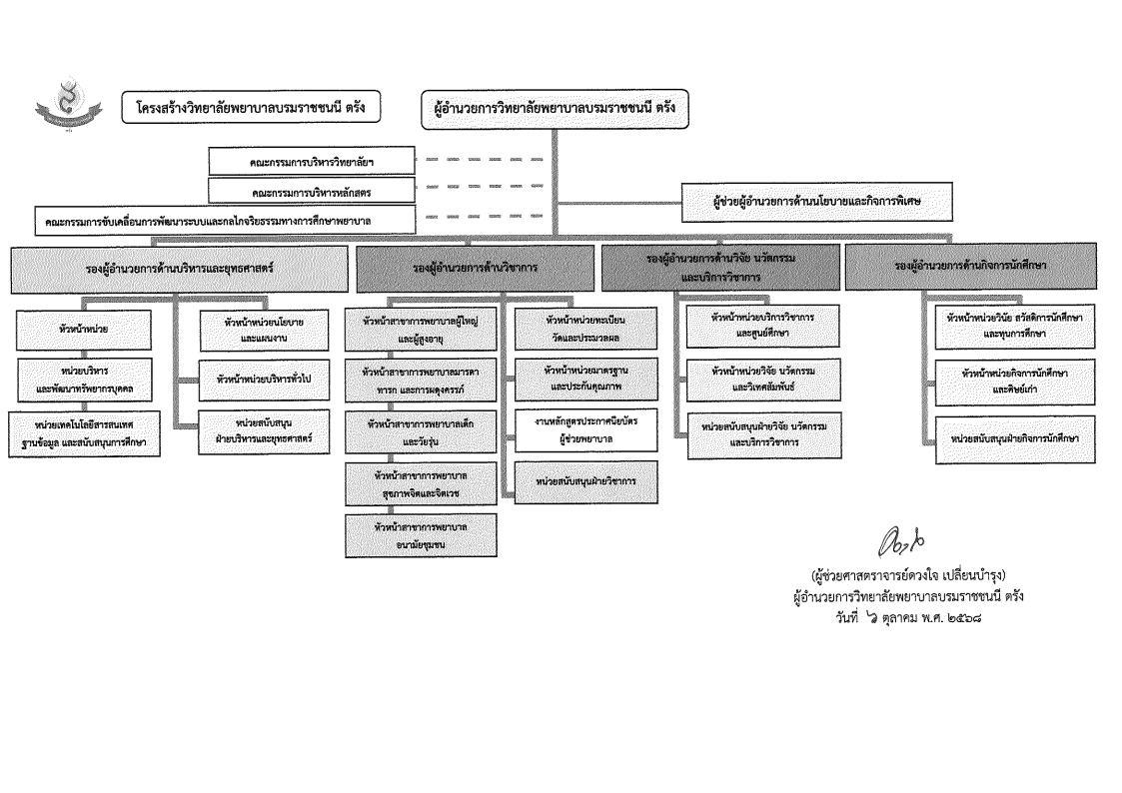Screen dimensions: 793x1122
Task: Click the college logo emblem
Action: [68, 110]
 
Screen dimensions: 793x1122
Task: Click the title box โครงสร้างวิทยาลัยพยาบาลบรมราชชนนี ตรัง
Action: [252, 108]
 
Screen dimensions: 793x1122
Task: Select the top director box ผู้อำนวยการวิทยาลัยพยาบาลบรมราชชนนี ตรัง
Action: [554, 108]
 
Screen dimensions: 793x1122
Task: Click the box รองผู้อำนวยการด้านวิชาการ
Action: [475, 268]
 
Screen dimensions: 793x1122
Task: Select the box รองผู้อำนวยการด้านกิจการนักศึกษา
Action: [969, 266]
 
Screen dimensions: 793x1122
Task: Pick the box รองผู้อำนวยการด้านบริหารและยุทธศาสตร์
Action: [181, 268]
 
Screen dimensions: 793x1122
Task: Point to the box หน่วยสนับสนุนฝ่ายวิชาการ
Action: [586, 481]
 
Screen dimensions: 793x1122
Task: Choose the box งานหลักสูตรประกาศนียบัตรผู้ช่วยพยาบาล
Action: [586, 429]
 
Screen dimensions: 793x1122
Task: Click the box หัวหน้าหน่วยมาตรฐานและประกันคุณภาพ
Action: [586, 378]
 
